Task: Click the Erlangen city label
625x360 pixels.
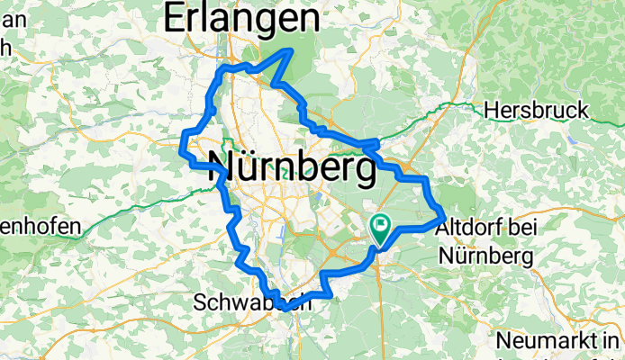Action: coord(240,18)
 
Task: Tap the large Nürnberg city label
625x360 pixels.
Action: coord(292,166)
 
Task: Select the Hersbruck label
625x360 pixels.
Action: coord(536,111)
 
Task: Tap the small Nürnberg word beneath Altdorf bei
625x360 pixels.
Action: coord(486,256)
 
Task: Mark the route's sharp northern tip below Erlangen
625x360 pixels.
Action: coord(289,52)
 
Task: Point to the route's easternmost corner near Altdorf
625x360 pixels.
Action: coord(443,217)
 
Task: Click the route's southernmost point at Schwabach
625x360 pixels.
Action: coord(285,309)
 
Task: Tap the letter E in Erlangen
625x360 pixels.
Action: coord(173,18)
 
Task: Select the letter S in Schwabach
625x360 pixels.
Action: coord(200,304)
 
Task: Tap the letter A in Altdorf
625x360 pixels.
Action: coord(442,231)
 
